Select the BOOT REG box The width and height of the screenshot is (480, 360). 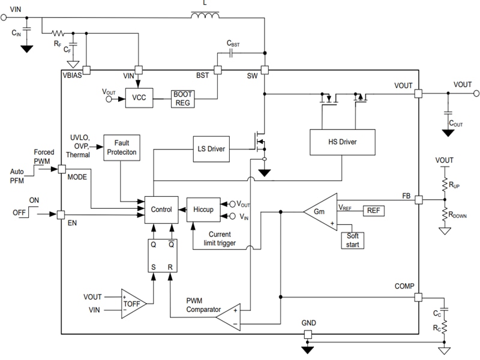pyautogui.click(x=183, y=98)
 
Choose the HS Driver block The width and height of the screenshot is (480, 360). pyautogui.click(x=341, y=142)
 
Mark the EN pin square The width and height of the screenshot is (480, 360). pyautogui.click(x=61, y=214)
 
